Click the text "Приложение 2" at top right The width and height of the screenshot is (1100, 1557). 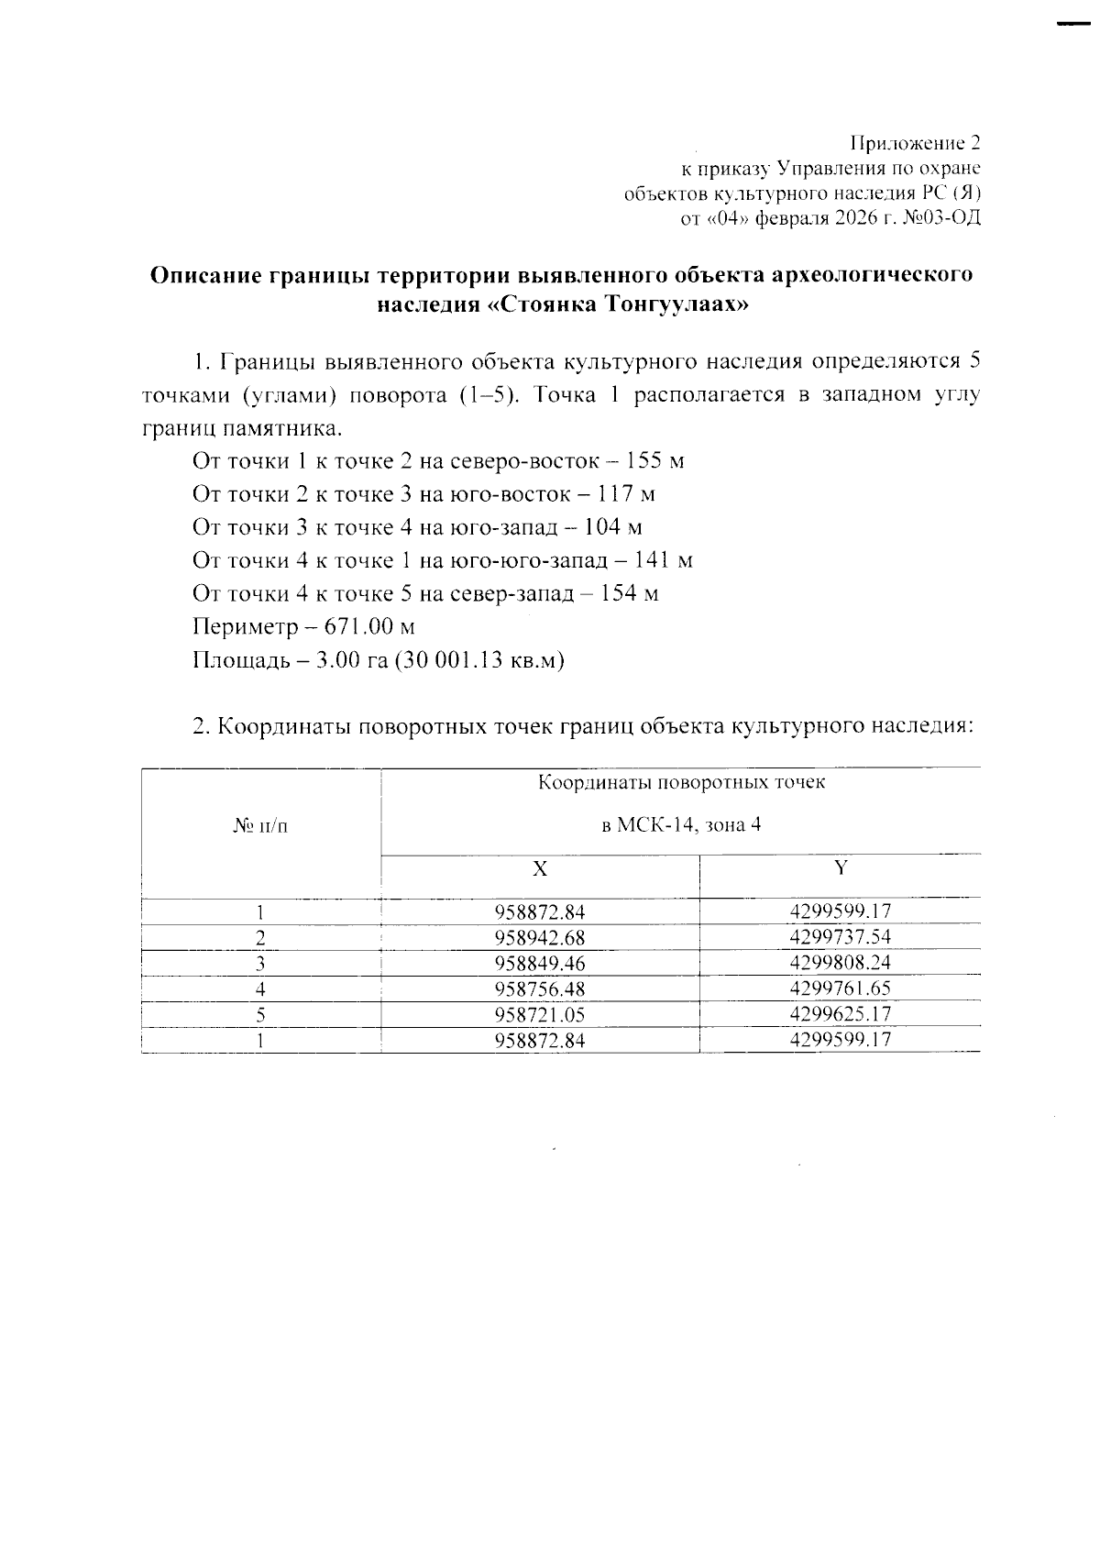(916, 143)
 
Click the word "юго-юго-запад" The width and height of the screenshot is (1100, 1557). (523, 560)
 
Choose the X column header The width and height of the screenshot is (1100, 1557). (540, 868)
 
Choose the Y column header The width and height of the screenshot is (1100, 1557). (840, 867)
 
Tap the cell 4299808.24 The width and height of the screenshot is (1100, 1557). (840, 963)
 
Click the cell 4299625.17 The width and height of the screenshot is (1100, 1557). (840, 1014)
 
